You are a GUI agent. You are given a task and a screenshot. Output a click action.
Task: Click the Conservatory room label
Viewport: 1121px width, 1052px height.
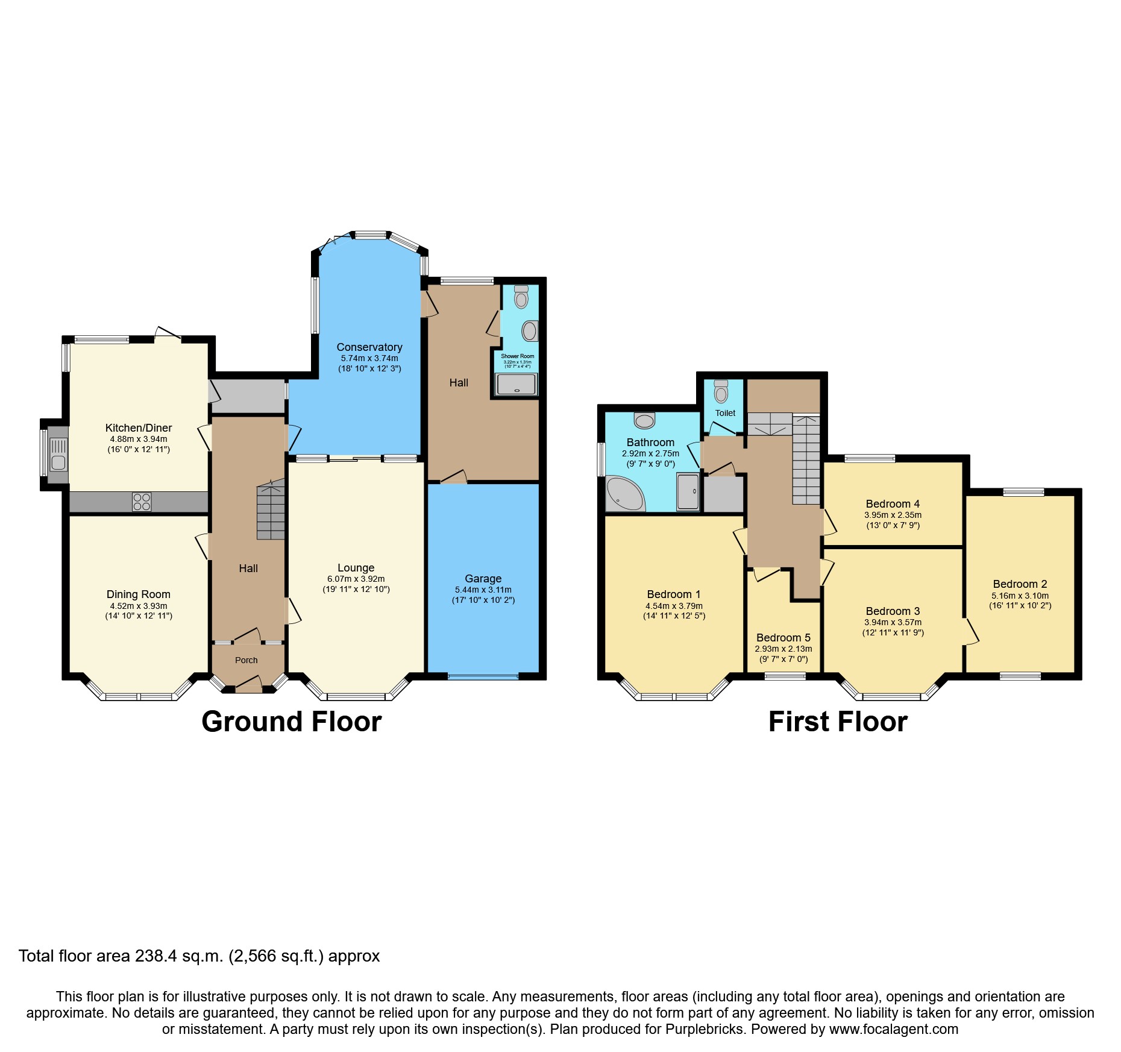[369, 347]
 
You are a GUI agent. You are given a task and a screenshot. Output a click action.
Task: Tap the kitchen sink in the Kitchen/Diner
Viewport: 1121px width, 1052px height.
[58, 455]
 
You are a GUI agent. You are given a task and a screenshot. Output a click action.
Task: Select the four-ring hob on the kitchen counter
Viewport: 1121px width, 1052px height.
[142, 502]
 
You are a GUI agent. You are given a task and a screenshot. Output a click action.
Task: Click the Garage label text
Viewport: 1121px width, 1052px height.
[483, 579]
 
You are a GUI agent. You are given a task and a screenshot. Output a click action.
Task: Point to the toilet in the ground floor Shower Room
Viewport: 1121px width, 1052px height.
[521, 298]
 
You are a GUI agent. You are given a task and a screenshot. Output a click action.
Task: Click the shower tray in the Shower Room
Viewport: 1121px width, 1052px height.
[516, 385]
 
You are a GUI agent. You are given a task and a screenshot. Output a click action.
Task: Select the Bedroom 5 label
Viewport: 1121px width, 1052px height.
[783, 638]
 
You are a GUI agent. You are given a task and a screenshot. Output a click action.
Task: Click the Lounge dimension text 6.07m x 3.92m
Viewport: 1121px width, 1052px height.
[356, 579]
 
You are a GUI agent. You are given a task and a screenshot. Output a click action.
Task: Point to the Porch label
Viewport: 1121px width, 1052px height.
[246, 660]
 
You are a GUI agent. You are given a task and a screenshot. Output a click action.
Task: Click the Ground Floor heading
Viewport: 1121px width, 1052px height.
[291, 722]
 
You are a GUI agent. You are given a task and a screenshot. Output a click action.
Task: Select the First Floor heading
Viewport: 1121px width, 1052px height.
[838, 722]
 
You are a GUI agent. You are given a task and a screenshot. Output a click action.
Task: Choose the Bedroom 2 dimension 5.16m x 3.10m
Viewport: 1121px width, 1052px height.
[1020, 596]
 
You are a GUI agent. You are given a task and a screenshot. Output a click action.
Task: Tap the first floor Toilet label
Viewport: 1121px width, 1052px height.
[725, 413]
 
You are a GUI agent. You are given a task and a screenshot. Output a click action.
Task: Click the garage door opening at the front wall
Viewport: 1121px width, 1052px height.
[483, 676]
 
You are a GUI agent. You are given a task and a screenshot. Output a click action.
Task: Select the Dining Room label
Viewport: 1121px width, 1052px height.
[138, 594]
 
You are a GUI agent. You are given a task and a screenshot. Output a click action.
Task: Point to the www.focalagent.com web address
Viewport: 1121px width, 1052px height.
[893, 1029]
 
